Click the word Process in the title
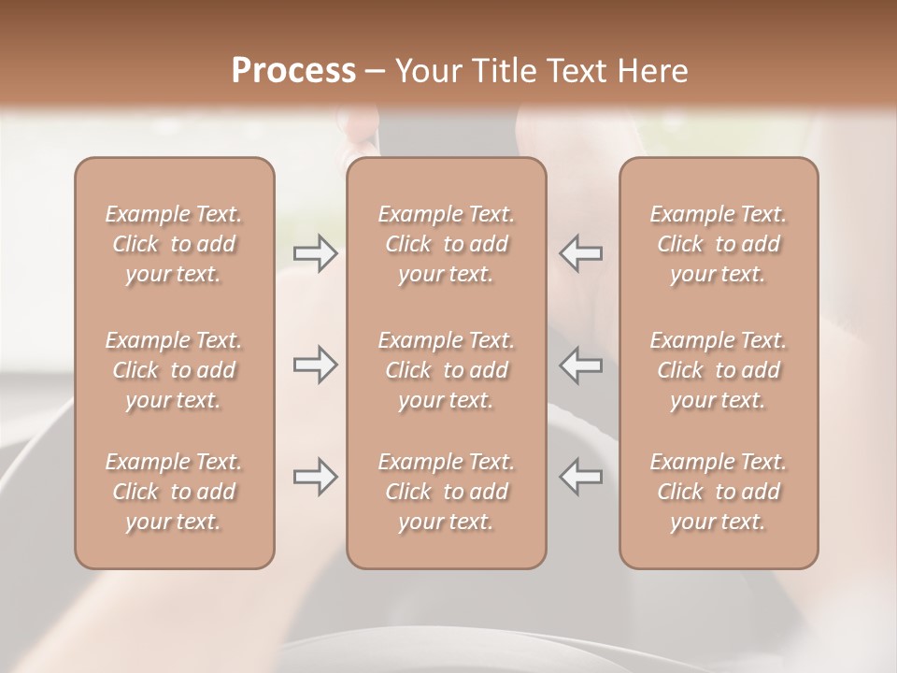(x=293, y=71)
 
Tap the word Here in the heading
(x=648, y=71)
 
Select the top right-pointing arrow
(x=316, y=253)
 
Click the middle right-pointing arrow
(x=316, y=365)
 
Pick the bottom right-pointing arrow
(x=316, y=477)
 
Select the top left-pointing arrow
(x=580, y=253)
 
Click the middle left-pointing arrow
(x=580, y=365)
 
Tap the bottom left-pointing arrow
(x=580, y=477)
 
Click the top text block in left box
(x=174, y=244)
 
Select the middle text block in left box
(x=174, y=370)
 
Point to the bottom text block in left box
(x=174, y=492)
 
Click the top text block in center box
(x=447, y=244)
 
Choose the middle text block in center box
(x=447, y=370)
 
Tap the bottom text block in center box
(x=447, y=492)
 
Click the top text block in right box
(x=719, y=244)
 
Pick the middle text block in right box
(x=719, y=370)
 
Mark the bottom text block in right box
(x=719, y=492)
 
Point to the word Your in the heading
(x=427, y=71)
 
